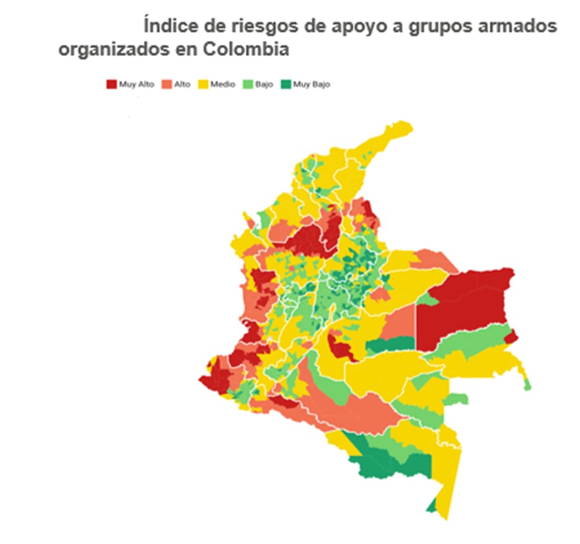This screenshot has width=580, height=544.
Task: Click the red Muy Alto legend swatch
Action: click(112, 84)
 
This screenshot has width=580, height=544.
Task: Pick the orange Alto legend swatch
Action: click(166, 84)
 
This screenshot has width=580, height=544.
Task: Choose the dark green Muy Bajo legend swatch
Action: click(286, 84)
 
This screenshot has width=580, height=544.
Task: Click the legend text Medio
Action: click(222, 84)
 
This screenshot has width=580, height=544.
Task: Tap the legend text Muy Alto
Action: click(137, 84)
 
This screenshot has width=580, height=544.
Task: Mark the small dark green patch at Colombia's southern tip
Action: click(431, 506)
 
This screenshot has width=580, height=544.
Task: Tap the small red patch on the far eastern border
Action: click(511, 337)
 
